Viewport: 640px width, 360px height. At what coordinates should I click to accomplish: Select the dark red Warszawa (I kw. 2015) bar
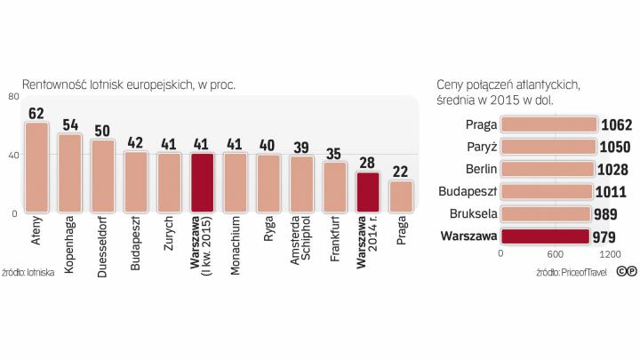(x=202, y=183)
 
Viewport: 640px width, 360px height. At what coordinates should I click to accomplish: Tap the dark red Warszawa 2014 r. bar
(x=368, y=192)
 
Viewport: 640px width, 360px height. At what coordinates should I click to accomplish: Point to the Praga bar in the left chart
(x=401, y=196)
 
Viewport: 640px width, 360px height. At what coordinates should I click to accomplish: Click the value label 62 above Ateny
(x=36, y=114)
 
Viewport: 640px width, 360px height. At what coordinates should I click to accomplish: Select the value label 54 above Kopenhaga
(x=70, y=125)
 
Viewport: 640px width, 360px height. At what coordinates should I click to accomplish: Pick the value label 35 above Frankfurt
(x=335, y=154)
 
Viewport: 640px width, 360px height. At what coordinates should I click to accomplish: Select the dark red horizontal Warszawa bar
(x=545, y=236)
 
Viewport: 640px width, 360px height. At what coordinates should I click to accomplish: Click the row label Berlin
(x=480, y=169)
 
